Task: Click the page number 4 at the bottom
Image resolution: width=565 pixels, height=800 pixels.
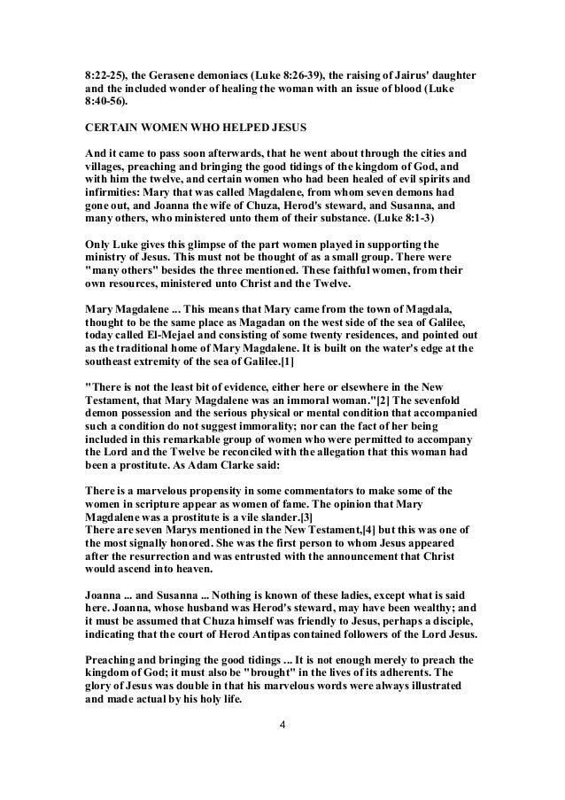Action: click(282, 752)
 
